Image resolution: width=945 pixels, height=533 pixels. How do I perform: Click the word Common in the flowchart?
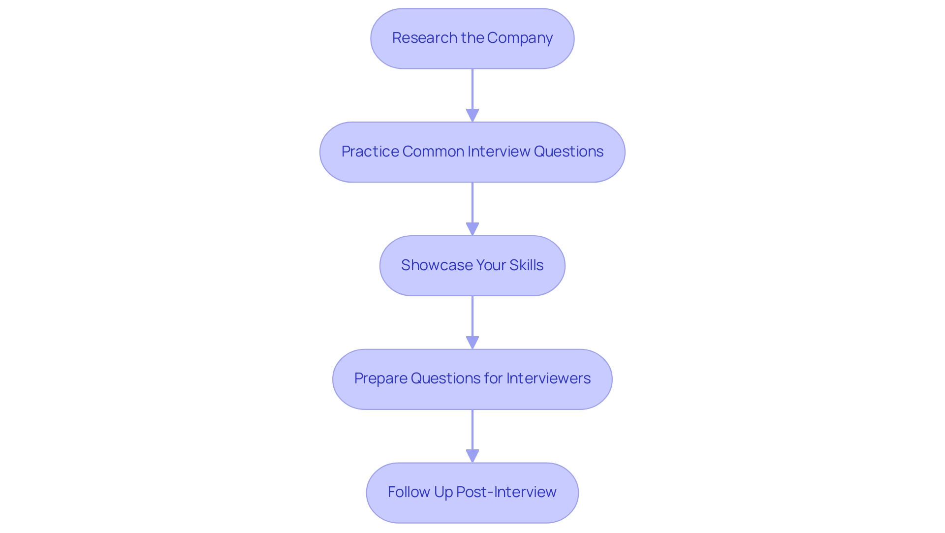(433, 152)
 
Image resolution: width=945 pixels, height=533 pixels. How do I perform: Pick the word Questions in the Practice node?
(568, 152)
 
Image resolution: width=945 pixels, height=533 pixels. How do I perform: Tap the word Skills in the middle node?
(526, 265)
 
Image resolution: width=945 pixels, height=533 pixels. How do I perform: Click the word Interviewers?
(548, 378)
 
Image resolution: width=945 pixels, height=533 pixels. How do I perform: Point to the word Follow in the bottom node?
(409, 492)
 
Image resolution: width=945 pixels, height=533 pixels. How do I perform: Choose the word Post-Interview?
(506, 492)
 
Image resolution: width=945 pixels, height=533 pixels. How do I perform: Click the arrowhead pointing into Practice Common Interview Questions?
(472, 115)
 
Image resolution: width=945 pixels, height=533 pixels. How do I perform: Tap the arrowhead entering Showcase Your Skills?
(472, 229)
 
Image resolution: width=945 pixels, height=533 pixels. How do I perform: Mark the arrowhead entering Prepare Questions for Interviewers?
(472, 343)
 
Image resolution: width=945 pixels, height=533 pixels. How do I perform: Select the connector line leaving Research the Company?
(472, 89)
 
